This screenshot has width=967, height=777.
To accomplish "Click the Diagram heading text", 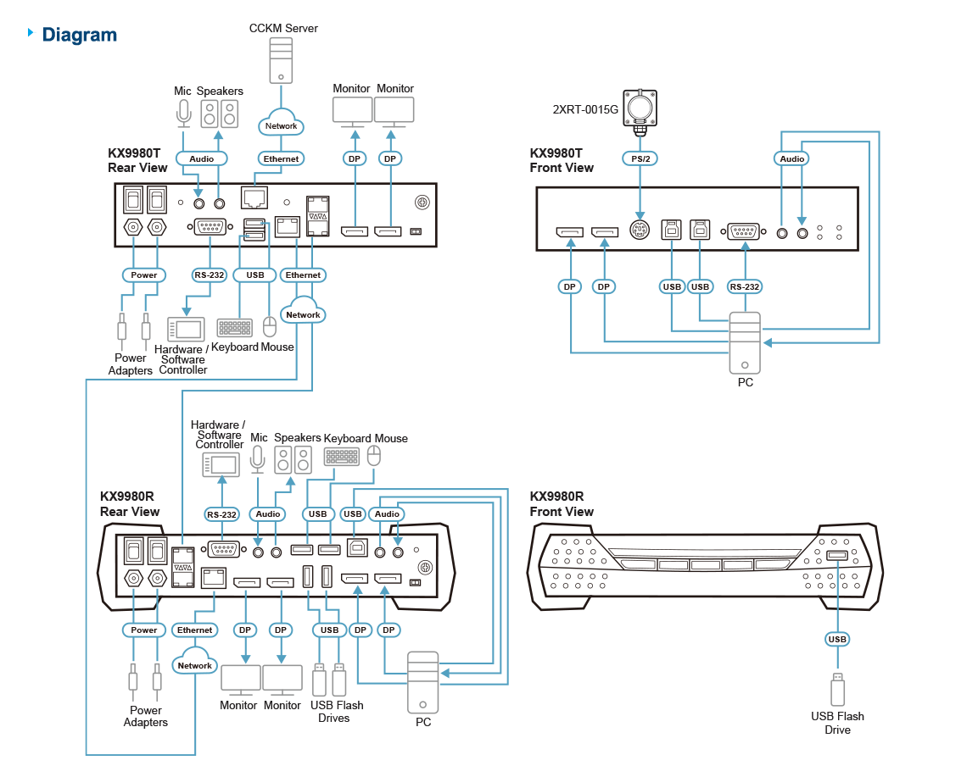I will click(x=79, y=35).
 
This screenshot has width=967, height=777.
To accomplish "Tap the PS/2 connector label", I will click(x=640, y=158).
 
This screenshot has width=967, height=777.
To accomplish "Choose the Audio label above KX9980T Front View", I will click(x=791, y=158).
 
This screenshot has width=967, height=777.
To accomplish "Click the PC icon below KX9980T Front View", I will click(x=744, y=342).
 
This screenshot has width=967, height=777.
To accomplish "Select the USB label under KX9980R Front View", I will click(x=837, y=639).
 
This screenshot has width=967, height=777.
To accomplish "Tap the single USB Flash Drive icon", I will click(x=837, y=687).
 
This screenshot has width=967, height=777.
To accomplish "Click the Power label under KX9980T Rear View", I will click(x=144, y=275).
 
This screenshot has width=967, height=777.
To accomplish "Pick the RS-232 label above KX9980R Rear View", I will click(x=221, y=514).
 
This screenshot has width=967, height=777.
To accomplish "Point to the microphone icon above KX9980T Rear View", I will click(x=183, y=113).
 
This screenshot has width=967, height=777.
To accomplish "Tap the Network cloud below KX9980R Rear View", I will click(x=194, y=664).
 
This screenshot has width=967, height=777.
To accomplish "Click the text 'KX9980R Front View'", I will click(x=562, y=504).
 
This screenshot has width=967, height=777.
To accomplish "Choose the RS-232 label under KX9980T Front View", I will click(x=744, y=286).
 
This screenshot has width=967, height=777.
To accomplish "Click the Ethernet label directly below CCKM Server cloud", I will click(x=281, y=158).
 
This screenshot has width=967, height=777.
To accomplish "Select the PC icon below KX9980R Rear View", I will click(x=422, y=681).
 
